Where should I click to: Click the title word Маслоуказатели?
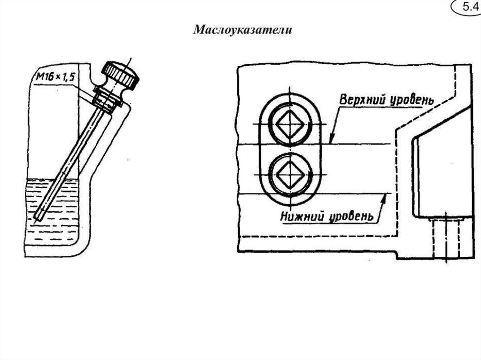[243, 30]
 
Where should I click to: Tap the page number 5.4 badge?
[467, 7]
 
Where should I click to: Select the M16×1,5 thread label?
[55, 77]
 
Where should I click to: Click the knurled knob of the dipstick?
[120, 75]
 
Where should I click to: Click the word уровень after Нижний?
[351, 216]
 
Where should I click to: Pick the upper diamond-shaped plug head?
[290, 124]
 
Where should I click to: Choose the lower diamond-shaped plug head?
[290, 175]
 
